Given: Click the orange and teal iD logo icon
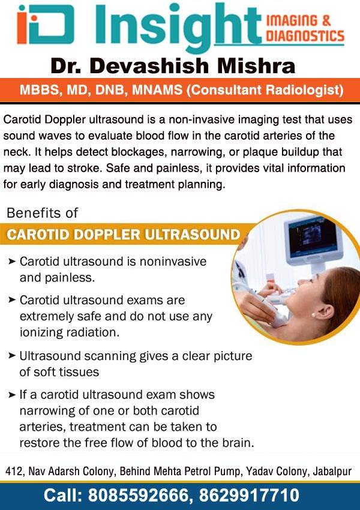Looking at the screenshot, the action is [46, 24].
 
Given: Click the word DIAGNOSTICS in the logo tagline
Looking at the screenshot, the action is [305, 35].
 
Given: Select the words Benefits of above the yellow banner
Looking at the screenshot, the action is [42, 213].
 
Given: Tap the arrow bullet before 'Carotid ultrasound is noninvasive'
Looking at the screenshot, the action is [12, 261].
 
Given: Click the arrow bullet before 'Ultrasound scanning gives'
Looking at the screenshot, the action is [12, 356].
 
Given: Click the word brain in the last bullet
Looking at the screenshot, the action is [238, 443].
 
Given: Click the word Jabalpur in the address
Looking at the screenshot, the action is [332, 471].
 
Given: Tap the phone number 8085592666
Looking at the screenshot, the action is [138, 495].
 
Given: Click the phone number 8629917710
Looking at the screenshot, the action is [249, 495].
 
